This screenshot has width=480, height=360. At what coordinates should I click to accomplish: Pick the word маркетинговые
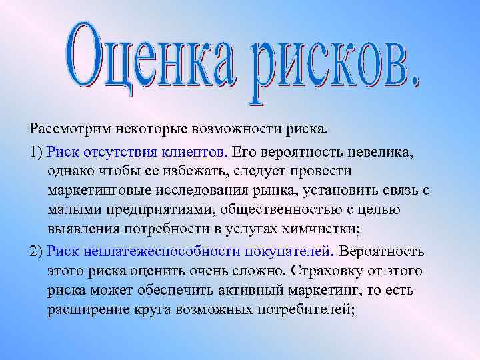pos(98,191)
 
